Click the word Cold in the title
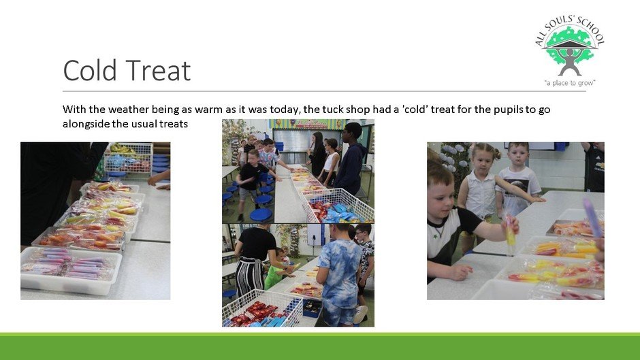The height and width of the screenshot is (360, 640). tap(90, 70)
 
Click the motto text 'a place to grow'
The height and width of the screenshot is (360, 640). tap(570, 83)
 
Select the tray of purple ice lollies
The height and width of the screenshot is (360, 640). tap(71, 269)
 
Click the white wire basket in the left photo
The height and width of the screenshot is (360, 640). tap(129, 159)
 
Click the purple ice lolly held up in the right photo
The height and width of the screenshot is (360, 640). tap(594, 218)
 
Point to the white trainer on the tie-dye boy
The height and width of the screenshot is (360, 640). tap(359, 314)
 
